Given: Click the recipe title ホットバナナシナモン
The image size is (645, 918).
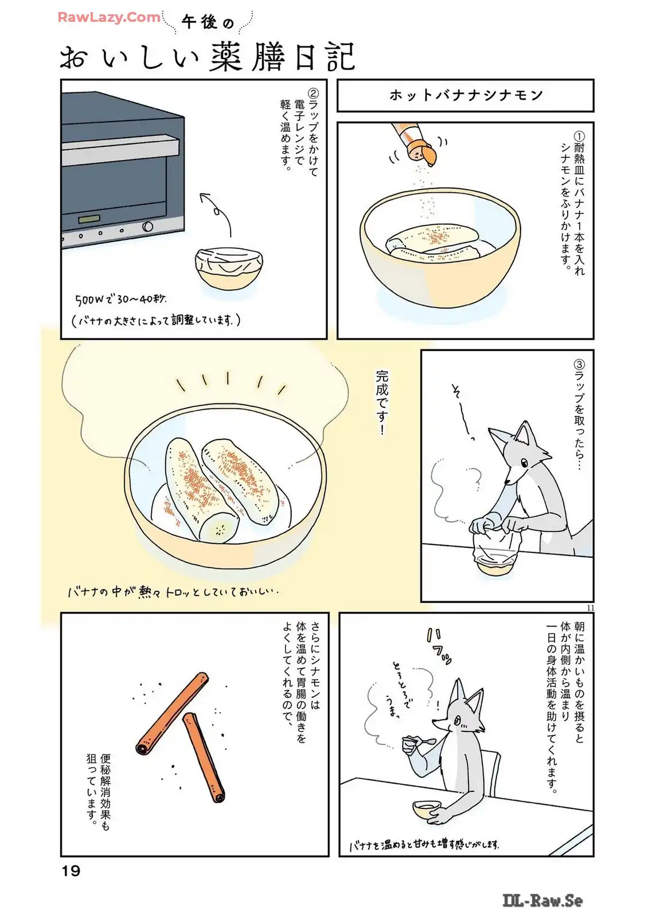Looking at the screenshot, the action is coord(466,95).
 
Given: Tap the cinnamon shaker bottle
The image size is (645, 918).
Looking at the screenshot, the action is coord(412,143).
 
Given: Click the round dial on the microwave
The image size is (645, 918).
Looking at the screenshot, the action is coord(147,227).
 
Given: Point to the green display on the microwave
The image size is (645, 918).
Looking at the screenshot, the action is coord(89,219).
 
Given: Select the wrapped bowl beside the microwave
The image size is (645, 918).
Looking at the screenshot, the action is coord(229,269).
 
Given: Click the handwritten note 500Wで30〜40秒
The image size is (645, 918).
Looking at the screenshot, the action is coord(121,299).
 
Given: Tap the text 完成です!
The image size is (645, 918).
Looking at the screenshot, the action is coord(382,403).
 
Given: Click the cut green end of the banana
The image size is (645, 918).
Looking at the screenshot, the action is coord(220,528).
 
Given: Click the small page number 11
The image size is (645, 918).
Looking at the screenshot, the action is coord(590,608).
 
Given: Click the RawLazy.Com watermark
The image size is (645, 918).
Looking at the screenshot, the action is coord(109,17).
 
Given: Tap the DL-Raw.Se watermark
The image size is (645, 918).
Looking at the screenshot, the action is coord(542,900).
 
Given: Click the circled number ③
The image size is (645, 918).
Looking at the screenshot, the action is coord(579,364).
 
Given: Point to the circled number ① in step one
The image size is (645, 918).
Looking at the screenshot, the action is coord(579,137).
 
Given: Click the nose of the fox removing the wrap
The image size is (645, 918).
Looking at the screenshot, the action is coord(507,482).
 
